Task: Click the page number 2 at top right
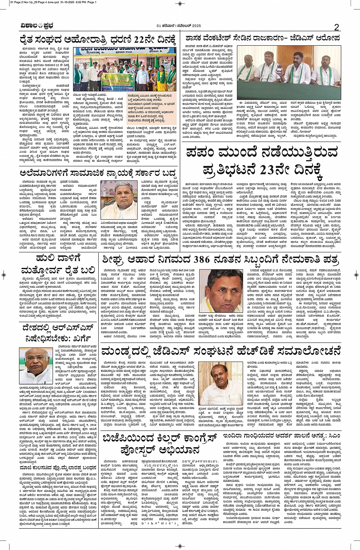point(336,27)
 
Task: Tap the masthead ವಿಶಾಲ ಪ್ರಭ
point(37,26)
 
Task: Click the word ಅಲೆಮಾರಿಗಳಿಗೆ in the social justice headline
point(46,173)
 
